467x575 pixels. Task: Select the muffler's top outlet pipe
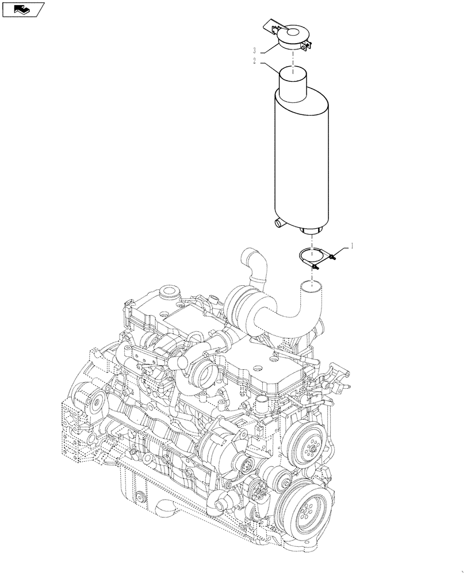click(294, 80)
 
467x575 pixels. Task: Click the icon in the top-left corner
click(24, 9)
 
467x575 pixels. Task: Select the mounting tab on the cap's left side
click(271, 26)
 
